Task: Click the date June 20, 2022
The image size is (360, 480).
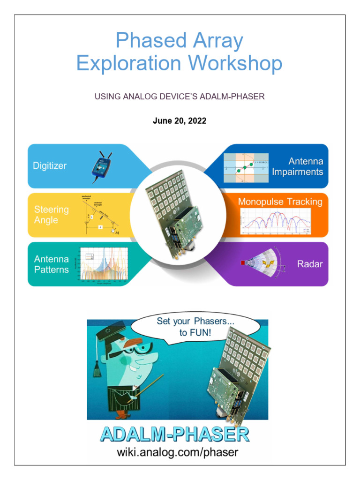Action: coord(180,121)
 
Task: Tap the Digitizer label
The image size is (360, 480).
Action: coord(50,165)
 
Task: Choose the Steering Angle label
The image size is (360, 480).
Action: coord(51,214)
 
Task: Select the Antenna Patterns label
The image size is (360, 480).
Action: coord(51,264)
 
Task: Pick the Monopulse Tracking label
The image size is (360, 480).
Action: coord(280,202)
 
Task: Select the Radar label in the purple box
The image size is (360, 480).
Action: coord(310,264)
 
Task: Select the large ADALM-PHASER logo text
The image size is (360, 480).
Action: coord(174,434)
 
